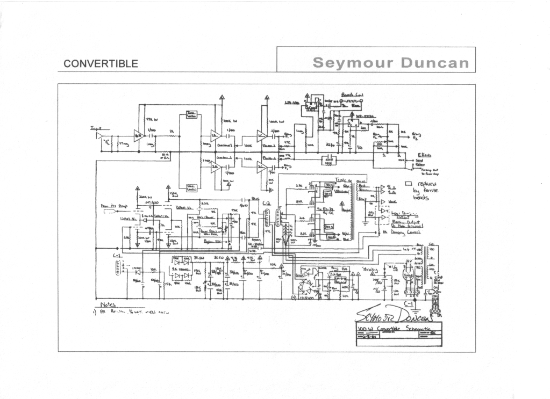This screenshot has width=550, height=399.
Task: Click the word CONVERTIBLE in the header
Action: [101, 63]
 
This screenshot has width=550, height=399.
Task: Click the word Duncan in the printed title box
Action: [435, 62]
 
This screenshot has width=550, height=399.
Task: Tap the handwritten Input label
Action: [97, 128]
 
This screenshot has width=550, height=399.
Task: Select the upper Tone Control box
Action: [191, 114]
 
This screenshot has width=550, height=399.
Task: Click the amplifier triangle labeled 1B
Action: [215, 137]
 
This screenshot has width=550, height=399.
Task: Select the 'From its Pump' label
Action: [111, 206]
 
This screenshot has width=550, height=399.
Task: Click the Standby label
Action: [370, 269]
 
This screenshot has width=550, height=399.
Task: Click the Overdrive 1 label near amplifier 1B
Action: [224, 145]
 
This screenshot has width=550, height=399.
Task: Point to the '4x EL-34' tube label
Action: [324, 209]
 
